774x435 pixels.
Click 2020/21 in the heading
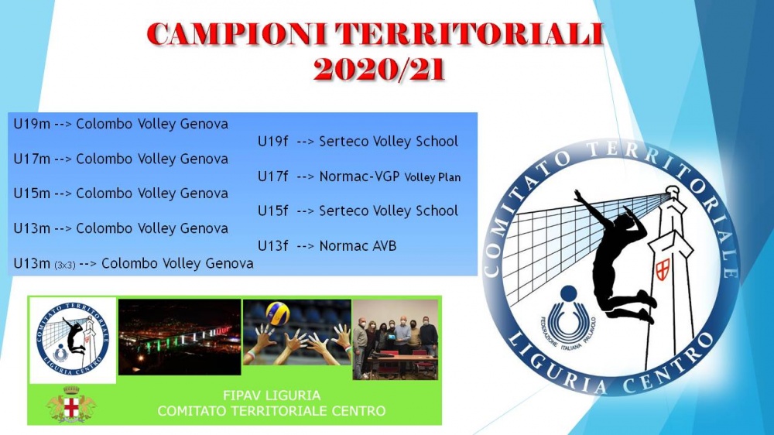pyautogui.click(x=379, y=70)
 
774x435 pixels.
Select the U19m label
pyautogui.click(x=32, y=123)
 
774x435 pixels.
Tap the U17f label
pyautogui.click(x=272, y=176)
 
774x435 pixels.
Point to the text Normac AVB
pyautogui.click(x=358, y=246)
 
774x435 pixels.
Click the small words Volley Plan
pyautogui.click(x=433, y=177)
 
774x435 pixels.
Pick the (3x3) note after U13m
pyautogui.click(x=65, y=265)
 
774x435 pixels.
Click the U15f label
pyautogui.click(x=272, y=211)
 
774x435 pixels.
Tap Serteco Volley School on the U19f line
pyautogui.click(x=389, y=141)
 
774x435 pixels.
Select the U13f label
pyautogui.click(x=272, y=246)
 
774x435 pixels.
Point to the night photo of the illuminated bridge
pyautogui.click(x=180, y=337)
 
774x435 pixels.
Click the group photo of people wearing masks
pyautogui.click(x=396, y=340)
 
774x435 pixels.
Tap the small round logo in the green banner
pyautogui.click(x=73, y=340)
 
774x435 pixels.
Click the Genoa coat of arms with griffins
pyautogui.click(x=71, y=405)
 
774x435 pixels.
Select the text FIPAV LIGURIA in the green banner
pyautogui.click(x=272, y=396)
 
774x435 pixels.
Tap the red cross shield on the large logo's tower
pyautogui.click(x=663, y=269)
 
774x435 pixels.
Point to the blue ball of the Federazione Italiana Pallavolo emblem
pyautogui.click(x=568, y=293)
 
